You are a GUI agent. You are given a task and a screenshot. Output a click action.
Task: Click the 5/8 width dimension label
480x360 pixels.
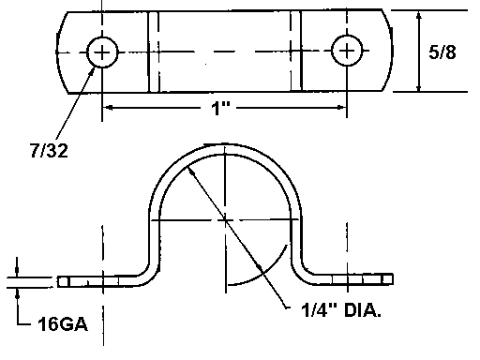(x=442, y=52)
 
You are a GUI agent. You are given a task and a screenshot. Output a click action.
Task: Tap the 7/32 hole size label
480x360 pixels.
(x=49, y=151)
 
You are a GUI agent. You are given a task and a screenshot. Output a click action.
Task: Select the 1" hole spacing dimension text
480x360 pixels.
(x=220, y=108)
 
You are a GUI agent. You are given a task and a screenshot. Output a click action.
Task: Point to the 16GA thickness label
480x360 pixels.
(x=63, y=323)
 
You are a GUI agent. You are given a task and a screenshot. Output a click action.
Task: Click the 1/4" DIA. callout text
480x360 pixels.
(x=341, y=310)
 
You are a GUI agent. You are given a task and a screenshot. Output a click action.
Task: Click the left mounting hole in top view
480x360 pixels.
(x=102, y=52)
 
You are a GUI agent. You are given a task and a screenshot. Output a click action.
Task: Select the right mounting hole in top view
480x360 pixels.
(x=347, y=51)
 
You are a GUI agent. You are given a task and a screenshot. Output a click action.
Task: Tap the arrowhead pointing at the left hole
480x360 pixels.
(x=92, y=70)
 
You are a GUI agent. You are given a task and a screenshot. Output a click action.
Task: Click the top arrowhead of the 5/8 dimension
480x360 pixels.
(x=419, y=16)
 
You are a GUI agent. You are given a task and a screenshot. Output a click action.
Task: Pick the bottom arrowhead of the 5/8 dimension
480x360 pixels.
(x=419, y=87)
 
